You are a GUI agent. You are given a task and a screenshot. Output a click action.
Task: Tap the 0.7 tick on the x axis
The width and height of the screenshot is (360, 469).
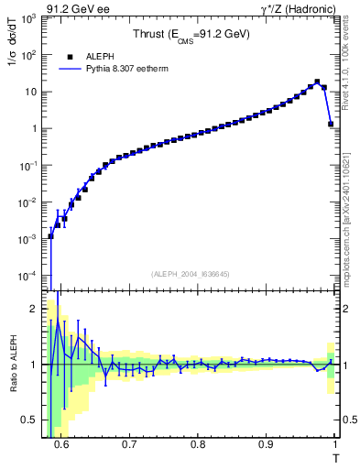[x=129, y=444]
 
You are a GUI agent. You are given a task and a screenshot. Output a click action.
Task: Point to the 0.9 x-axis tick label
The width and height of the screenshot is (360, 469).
[x=266, y=444]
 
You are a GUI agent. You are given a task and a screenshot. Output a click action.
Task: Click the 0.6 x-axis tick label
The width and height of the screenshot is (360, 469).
[x=60, y=444]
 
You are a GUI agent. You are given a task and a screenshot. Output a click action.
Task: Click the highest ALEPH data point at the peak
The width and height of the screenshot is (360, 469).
[x=317, y=82]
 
